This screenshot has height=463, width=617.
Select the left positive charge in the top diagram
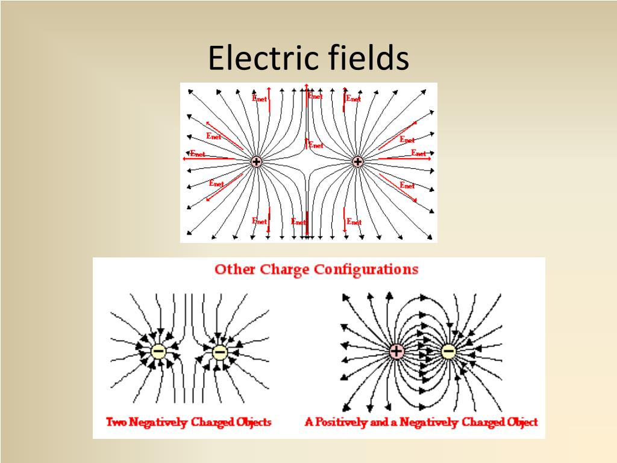256,162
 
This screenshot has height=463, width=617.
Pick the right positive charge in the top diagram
357,162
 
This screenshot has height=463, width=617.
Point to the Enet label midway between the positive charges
316,145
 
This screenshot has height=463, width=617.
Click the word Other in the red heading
234,269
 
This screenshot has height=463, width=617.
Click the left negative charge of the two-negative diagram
158,351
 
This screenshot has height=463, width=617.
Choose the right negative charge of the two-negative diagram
220,351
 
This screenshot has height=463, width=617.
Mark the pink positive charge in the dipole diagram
396,351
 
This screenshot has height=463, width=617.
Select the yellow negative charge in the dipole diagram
448,351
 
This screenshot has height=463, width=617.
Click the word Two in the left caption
116,422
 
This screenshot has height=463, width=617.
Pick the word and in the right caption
379,422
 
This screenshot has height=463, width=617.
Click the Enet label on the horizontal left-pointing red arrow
198,154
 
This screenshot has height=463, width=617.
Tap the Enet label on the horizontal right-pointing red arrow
419,153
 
